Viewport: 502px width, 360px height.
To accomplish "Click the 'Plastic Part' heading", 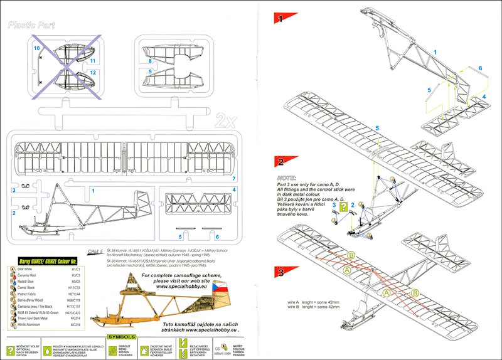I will pyautogui.click(x=33, y=26).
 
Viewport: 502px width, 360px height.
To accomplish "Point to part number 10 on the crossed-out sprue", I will pyautogui.click(x=37, y=48).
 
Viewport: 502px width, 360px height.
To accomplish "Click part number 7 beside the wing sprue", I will pyautogui.click(x=233, y=179).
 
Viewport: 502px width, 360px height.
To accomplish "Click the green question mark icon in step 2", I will pyautogui.click(x=343, y=205).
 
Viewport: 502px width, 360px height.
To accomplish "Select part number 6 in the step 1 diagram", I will pyautogui.click(x=480, y=68).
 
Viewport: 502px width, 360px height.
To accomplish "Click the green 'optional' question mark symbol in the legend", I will pyautogui.click(x=11, y=344).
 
